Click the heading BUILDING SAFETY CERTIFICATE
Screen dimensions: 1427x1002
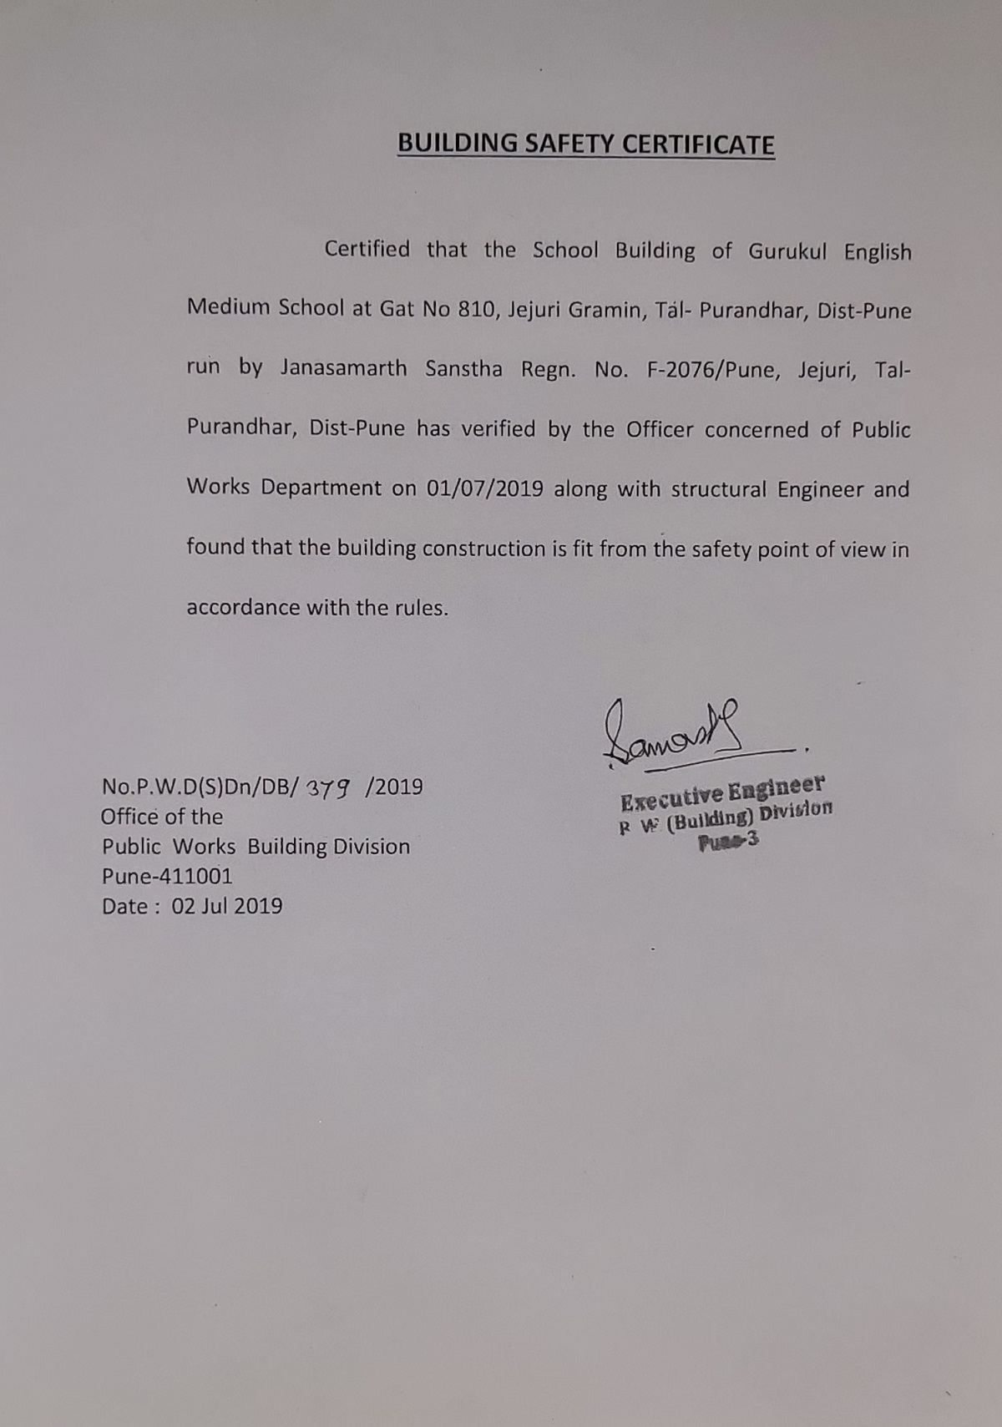[585, 144]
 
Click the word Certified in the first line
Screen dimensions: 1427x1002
[367, 249]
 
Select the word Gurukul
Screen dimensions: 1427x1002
[787, 251]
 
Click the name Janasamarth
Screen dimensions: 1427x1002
[343, 368]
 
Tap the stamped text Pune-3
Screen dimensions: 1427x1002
[729, 842]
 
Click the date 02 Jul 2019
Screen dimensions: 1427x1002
[227, 906]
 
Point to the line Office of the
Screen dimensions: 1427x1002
[162, 817]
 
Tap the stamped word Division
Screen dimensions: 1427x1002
[797, 812]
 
